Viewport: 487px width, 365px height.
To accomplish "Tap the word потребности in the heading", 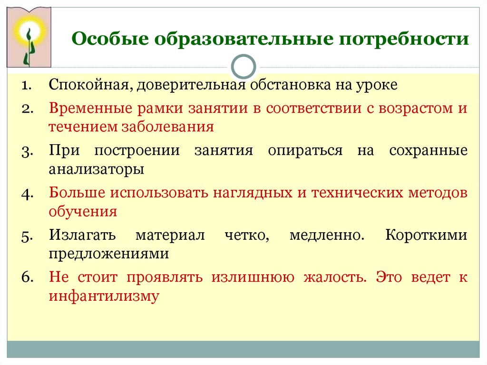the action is pos(404,39).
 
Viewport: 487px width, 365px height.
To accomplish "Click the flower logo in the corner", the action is pos(29,37).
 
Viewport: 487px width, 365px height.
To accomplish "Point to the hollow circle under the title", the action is pos(243,56).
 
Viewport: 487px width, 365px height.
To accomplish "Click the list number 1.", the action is pos(27,86).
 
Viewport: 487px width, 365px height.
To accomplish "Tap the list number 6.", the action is pos(27,276).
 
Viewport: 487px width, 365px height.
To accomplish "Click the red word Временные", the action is pos(90,109).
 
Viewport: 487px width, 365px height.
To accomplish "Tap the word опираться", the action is pos(305,151).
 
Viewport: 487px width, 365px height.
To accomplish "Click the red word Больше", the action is pos(77,193).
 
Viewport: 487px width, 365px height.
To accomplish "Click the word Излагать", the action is pos(82,235).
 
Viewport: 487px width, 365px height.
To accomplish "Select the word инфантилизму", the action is pos(104,296).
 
